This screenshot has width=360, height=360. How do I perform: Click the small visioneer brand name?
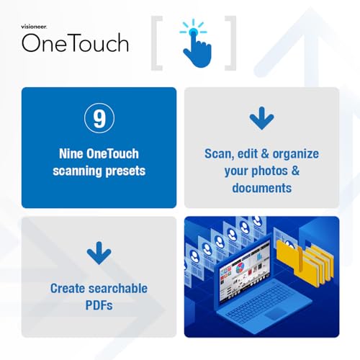click(x=34, y=27)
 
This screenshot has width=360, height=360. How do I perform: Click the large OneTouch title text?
click(x=75, y=43)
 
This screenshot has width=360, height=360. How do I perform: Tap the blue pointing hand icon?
click(x=196, y=45)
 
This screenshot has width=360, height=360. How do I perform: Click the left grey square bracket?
click(x=157, y=43)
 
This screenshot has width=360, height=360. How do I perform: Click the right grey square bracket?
click(x=230, y=43)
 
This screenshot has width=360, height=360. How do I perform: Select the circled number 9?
click(x=99, y=118)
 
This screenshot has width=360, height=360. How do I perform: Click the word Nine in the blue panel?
click(x=71, y=154)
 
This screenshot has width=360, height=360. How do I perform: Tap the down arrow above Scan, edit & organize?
click(x=261, y=118)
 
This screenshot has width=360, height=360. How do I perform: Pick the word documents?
click(x=262, y=188)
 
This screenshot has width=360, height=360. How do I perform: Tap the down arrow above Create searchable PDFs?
click(x=99, y=253)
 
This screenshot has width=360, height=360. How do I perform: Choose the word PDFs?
click(x=99, y=305)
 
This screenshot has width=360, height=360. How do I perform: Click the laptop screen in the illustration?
click(x=245, y=271)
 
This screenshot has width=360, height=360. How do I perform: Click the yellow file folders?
click(x=305, y=261)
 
